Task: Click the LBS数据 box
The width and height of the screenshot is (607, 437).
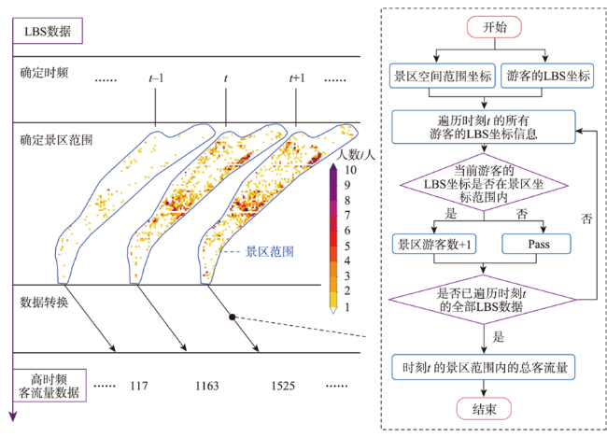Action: (48, 31)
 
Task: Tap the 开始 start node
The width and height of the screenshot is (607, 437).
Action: (494, 27)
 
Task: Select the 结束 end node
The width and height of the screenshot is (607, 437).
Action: (484, 409)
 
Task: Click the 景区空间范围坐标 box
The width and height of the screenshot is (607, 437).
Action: (442, 76)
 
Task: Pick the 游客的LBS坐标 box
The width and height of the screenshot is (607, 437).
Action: (547, 76)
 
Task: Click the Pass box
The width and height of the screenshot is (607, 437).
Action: (537, 244)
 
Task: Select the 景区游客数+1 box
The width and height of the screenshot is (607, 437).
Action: (434, 244)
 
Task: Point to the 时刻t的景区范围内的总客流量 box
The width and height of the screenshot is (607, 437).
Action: (484, 367)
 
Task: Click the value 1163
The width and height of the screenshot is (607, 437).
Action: (207, 386)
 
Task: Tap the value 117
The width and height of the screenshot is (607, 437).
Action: (138, 386)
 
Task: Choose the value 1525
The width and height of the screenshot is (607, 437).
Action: (283, 386)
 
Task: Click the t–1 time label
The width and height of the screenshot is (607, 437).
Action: (156, 78)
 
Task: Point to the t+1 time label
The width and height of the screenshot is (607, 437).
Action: (297, 78)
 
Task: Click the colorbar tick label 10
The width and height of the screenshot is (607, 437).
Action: (350, 170)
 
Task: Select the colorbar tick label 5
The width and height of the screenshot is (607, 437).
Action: (347, 246)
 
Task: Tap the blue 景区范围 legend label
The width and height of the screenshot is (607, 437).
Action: (270, 251)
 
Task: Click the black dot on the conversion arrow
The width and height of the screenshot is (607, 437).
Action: (233, 317)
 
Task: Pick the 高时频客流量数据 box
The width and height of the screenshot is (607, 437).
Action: (49, 386)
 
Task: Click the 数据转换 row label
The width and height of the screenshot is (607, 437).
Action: (44, 303)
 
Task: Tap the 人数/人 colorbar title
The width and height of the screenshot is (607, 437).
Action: (356, 155)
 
